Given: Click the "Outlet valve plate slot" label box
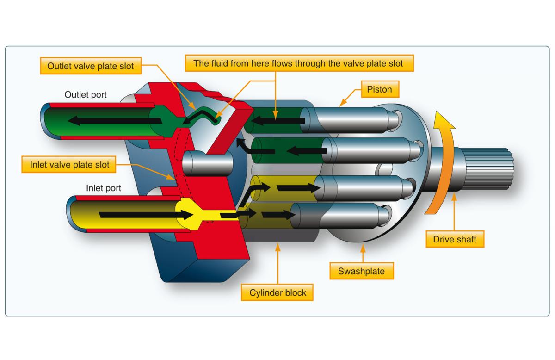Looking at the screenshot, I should coord(91,66).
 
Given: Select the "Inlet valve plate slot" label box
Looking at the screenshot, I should coord(69,165).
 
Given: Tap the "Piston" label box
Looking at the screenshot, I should coord(379,89).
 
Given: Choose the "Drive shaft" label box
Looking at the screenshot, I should coord(455,239).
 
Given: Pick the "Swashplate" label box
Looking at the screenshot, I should coord(361,271).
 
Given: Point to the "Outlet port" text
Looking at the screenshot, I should coord(86,95).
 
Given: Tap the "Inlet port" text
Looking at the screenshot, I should coord(104,188).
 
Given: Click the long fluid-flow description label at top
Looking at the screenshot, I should coord(298,63).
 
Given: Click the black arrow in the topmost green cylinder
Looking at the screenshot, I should coord(277,121).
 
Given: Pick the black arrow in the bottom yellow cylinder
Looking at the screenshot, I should coord(278,215).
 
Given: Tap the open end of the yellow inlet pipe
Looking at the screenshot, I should coord(74,214).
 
